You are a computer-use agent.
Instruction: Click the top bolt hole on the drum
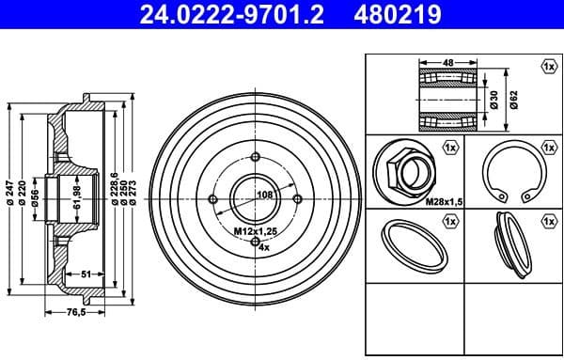tap(257, 156)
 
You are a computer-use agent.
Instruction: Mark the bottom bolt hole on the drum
tap(257, 241)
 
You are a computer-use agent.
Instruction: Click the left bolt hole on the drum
tap(214, 198)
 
